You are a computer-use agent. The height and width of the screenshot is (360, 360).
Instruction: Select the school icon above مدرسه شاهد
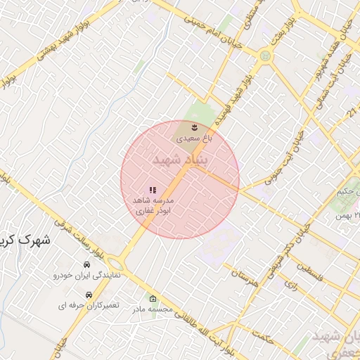coord(153,190)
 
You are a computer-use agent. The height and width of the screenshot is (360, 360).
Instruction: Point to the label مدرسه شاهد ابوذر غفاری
coord(153,205)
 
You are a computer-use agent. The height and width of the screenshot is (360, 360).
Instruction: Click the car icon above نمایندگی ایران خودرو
coord(86,265)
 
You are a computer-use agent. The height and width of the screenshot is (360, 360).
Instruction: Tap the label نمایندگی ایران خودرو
coord(88,276)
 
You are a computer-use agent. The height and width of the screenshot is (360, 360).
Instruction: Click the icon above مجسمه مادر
coord(154,299)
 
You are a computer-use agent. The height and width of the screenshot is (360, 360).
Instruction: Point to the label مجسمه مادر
coord(153,309)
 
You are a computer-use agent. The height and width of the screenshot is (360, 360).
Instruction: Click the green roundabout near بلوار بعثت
coord(265,56)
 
